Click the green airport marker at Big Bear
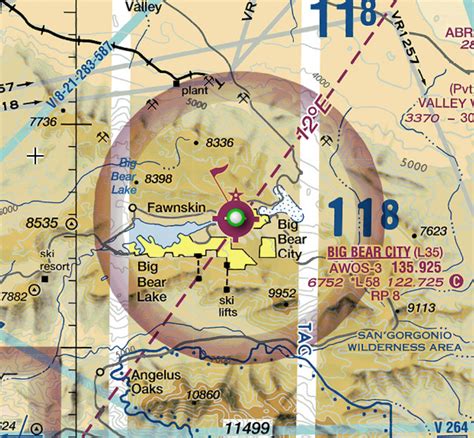point(236,217)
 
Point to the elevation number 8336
point(225,143)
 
